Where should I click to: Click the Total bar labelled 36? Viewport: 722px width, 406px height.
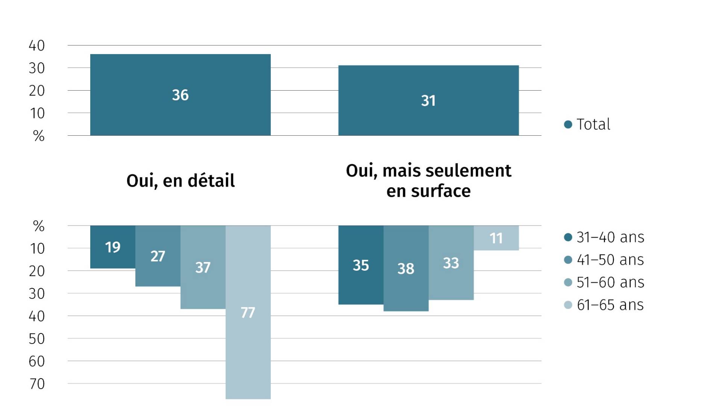coord(180,95)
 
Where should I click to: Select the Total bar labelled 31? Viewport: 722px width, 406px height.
coord(428,100)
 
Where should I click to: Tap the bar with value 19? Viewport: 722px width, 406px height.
coord(113,247)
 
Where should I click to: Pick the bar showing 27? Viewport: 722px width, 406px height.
coord(158,256)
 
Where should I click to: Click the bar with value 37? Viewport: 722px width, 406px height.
coord(203,267)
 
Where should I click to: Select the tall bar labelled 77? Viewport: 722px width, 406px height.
coord(248,312)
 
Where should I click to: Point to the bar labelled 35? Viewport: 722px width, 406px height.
coord(361,265)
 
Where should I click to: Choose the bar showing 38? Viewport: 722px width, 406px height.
coord(406,268)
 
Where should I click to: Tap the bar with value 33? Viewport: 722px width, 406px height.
coord(451,263)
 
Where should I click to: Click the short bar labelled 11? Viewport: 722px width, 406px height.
coord(496,238)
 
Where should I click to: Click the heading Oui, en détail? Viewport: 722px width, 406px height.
coord(180,181)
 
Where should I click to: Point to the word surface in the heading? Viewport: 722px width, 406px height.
coord(441,191)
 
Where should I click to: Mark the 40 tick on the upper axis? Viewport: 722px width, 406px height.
coord(37,45)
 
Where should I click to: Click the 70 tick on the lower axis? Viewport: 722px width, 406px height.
coord(37,384)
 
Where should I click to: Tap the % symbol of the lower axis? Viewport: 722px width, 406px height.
coord(39,226)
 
